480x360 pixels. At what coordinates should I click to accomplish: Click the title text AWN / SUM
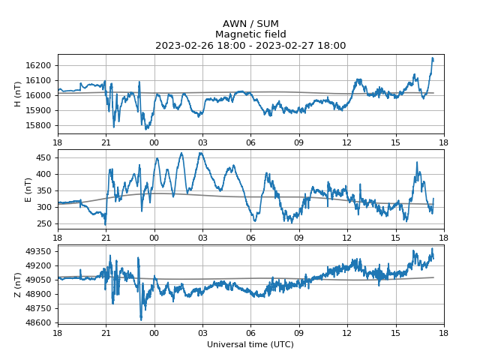pyautogui.click(x=250, y=24)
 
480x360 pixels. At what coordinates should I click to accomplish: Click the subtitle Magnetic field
pyautogui.click(x=250, y=34)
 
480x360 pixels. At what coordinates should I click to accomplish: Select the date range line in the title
pyautogui.click(x=250, y=46)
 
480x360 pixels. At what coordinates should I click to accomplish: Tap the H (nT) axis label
pyautogui.click(x=18, y=94)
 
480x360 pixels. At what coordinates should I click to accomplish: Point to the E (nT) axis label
pyautogui.click(x=28, y=190)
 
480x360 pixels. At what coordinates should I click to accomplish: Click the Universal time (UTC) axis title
pyautogui.click(x=250, y=345)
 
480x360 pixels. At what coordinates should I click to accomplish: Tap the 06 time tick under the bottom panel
pyautogui.click(x=250, y=332)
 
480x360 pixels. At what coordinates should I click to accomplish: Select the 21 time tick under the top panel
pyautogui.click(x=106, y=142)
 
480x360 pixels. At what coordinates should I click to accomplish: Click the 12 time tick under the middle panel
pyautogui.click(x=347, y=237)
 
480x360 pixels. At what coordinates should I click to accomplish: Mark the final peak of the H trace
pyautogui.click(x=432, y=58)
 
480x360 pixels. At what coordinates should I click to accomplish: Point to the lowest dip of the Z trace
pyautogui.click(x=141, y=319)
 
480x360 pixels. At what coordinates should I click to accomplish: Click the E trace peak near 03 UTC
pyautogui.click(x=200, y=153)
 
